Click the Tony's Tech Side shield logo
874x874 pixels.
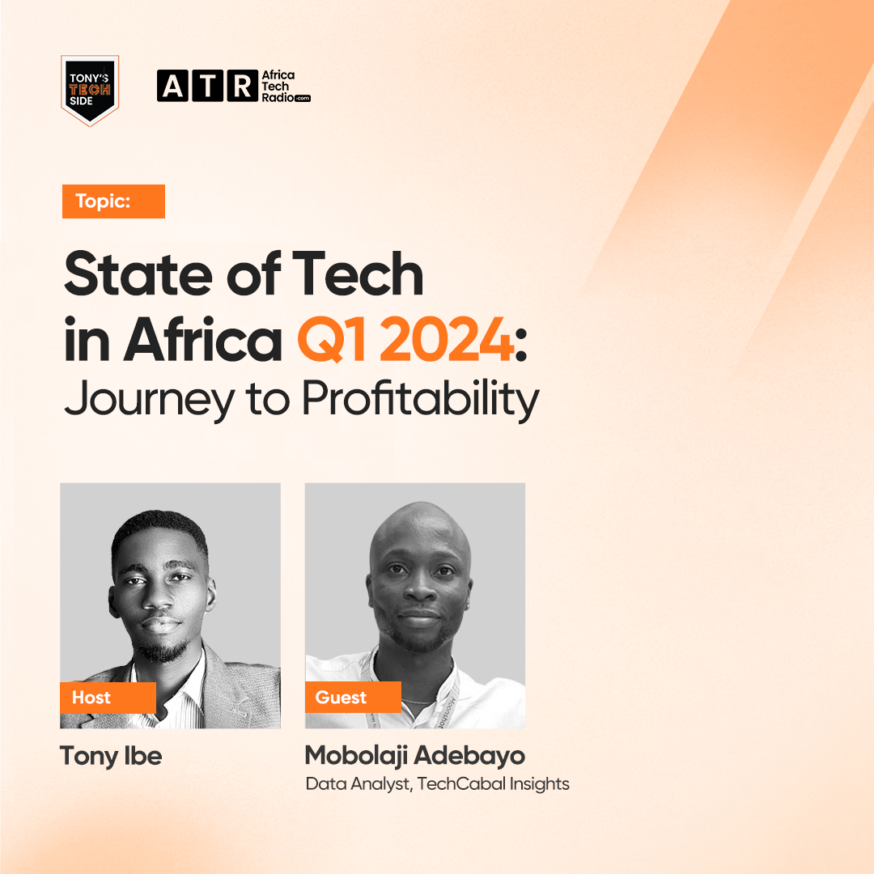tap(90, 91)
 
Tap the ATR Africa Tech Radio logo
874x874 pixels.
tap(234, 86)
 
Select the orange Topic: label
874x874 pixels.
tap(113, 202)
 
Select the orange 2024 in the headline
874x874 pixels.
tap(448, 339)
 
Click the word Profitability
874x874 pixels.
tap(421, 399)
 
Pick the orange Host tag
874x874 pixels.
tap(108, 698)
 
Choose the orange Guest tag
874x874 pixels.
tap(353, 697)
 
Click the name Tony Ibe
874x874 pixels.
tap(111, 757)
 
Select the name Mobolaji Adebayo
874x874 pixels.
tap(415, 756)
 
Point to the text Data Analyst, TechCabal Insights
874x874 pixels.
tap(438, 783)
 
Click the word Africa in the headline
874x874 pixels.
tap(202, 339)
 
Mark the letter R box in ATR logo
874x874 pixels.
tap(243, 86)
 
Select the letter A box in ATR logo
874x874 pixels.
tap(172, 86)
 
